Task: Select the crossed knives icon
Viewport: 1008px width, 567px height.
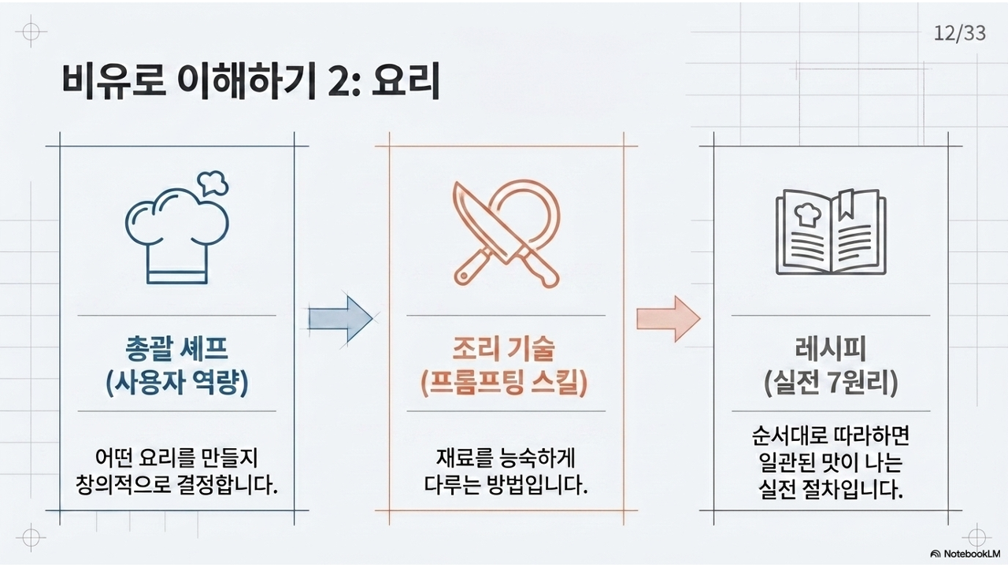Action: coord(506,234)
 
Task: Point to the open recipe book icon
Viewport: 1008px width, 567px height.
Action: coord(830,232)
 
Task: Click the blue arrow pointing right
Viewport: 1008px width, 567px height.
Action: coord(339,317)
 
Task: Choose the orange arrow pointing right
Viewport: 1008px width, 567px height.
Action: coord(668,317)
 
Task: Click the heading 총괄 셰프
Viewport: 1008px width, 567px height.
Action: coord(177,349)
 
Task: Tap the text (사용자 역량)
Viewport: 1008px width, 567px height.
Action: coord(177,384)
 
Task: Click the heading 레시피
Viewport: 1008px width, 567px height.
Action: coord(831,349)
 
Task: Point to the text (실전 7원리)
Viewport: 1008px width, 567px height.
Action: coord(831,384)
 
